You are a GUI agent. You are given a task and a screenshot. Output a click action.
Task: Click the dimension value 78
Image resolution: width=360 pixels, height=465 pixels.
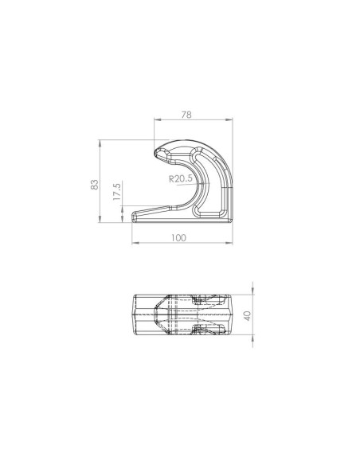(x=186, y=115)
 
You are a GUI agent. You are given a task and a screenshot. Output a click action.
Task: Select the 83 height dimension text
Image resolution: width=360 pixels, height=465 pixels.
(x=94, y=185)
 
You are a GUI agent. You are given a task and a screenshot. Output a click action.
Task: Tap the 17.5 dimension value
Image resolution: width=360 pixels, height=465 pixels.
(x=117, y=192)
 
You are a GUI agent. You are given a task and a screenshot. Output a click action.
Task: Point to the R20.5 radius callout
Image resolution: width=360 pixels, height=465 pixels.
(x=180, y=179)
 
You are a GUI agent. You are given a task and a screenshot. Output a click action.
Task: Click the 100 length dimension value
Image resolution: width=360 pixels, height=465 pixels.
(x=179, y=238)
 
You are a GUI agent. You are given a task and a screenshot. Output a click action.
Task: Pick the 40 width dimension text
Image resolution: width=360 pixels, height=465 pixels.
(x=248, y=315)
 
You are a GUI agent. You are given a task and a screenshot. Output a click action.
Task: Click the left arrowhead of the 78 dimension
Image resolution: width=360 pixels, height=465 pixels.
(x=158, y=119)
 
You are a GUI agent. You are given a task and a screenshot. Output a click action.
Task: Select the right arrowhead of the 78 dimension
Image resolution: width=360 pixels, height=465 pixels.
(x=229, y=119)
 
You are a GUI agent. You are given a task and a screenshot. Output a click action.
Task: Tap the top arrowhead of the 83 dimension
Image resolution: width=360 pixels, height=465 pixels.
(x=100, y=143)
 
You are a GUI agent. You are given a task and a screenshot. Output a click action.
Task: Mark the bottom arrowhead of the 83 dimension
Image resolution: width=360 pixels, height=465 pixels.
(x=100, y=219)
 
